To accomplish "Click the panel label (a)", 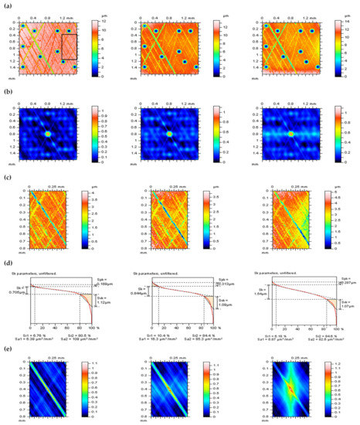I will tap(7, 6).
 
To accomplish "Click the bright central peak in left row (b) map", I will tap(47, 134).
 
